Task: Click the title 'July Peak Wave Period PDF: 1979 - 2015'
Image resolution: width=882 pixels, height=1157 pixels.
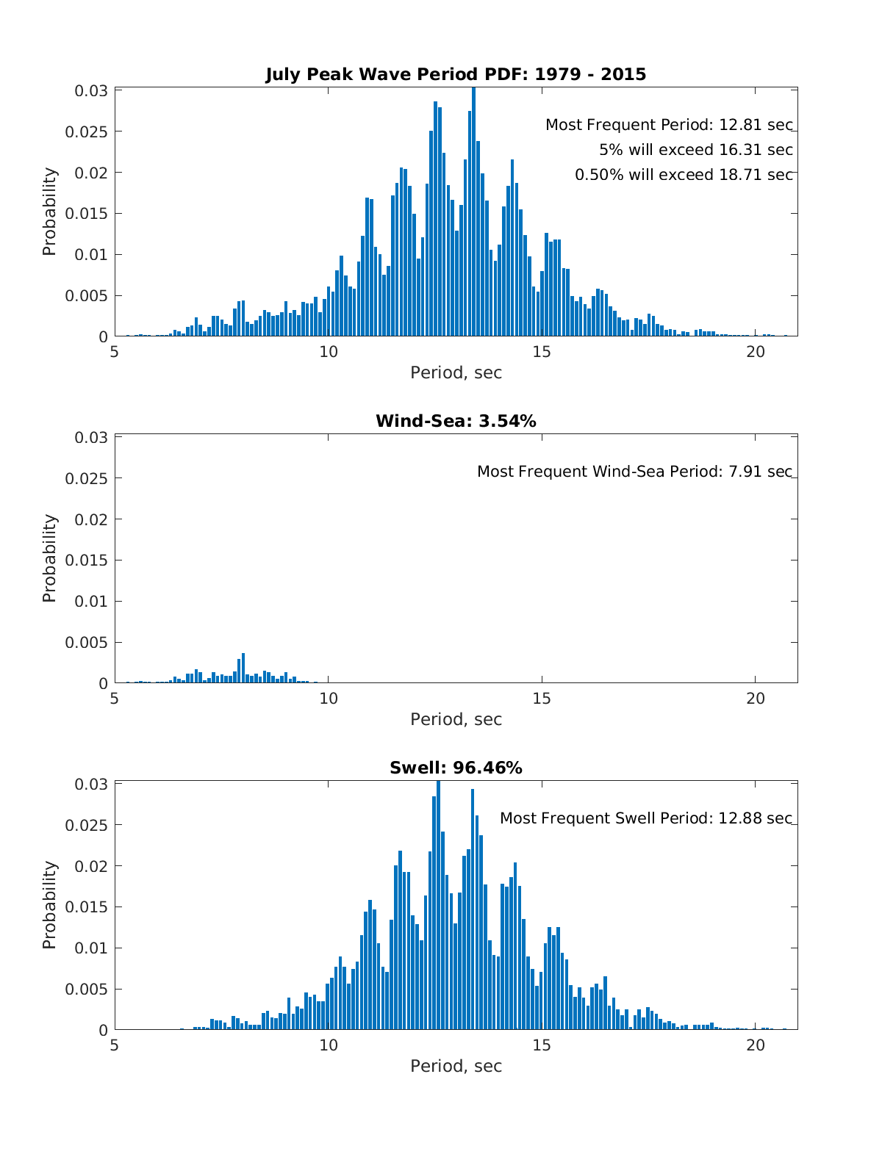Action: coord(456,74)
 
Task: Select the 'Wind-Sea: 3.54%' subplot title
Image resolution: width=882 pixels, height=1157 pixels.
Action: coord(456,421)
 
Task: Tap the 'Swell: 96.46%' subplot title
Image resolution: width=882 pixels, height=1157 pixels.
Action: coord(456,768)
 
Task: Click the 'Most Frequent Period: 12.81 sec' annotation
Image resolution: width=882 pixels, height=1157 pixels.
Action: coord(669,125)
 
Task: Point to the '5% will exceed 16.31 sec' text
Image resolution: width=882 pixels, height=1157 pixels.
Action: coord(696,150)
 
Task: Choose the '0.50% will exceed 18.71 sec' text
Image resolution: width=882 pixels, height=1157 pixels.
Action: coord(684,175)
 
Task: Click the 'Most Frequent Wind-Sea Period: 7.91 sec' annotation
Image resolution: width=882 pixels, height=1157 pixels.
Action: coord(635,472)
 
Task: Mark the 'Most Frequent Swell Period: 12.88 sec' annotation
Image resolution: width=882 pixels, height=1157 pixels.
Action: coord(646,818)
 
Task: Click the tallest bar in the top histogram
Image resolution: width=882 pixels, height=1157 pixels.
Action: coord(473,213)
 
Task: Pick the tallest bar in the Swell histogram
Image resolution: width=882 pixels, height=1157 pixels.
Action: coord(438,907)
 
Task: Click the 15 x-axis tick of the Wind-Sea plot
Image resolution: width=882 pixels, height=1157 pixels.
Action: coord(542,699)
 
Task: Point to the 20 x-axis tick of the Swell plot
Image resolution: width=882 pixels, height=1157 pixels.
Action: coord(756,1045)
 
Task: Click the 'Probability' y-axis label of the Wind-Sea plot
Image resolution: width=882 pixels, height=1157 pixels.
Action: coord(49,558)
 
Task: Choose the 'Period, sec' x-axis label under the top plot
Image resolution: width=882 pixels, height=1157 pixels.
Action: coord(456,373)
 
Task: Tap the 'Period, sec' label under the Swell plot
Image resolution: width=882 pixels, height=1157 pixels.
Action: coord(456,1067)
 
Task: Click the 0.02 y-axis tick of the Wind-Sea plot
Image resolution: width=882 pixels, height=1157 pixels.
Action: coord(92,519)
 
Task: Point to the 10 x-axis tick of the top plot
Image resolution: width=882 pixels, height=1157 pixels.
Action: coord(329,352)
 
